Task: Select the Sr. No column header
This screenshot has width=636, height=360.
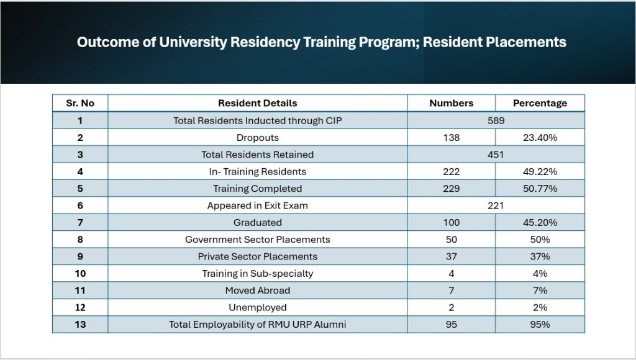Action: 79,103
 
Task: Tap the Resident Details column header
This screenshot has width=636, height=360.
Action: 257,103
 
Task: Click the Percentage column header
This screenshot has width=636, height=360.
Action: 540,103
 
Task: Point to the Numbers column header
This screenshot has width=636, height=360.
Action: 451,103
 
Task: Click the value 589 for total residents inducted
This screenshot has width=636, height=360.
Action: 496,120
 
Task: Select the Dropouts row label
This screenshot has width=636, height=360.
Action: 257,138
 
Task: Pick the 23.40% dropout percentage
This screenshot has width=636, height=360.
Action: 540,138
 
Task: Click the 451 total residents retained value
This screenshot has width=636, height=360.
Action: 496,155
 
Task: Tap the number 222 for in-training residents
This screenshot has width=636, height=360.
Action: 451,171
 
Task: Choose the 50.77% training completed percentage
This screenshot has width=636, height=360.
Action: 540,189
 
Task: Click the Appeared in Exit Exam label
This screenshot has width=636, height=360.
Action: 257,205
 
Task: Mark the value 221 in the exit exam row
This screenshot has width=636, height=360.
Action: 496,205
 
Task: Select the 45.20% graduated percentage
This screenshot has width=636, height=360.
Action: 540,222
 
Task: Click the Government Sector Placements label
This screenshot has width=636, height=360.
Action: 257,240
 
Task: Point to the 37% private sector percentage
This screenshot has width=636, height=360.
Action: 540,256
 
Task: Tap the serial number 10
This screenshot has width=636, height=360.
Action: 79,273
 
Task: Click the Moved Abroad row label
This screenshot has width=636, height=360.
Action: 257,290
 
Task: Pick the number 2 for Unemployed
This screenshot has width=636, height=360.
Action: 451,307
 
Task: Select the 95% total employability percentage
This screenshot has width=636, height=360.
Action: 540,324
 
